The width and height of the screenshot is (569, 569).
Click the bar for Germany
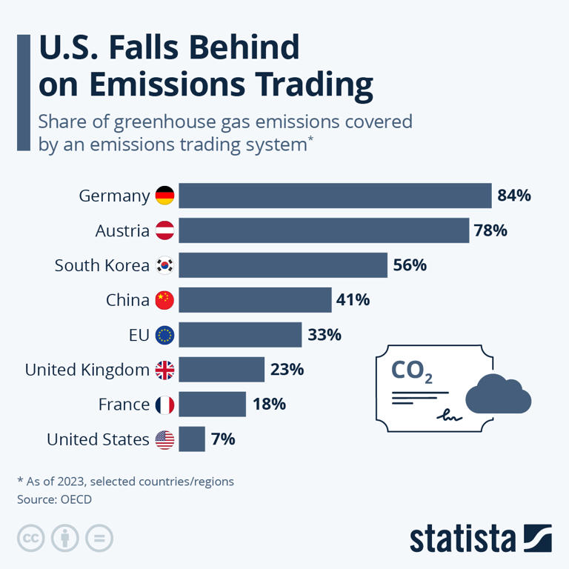(x=335, y=196)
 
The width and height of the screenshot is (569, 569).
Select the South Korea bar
(x=283, y=265)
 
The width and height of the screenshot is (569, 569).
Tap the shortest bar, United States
(x=192, y=439)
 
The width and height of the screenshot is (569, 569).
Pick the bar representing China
(x=255, y=300)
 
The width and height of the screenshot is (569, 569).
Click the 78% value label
(x=490, y=230)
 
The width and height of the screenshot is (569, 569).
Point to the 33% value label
(x=324, y=335)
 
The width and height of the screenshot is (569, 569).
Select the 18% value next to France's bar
(x=268, y=405)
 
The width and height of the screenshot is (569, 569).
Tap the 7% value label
(x=222, y=439)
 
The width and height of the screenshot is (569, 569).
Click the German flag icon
(x=164, y=196)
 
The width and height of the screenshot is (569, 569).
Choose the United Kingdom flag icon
(x=164, y=370)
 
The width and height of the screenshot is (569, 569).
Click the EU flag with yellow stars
(x=164, y=335)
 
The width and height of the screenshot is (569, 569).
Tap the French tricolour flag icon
(x=164, y=405)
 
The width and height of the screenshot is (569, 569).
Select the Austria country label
(x=122, y=230)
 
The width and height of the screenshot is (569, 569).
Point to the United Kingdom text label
(x=87, y=370)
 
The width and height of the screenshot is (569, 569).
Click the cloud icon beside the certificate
(x=498, y=395)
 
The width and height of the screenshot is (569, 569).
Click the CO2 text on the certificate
(x=411, y=369)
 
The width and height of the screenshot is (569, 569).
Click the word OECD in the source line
(x=74, y=499)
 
